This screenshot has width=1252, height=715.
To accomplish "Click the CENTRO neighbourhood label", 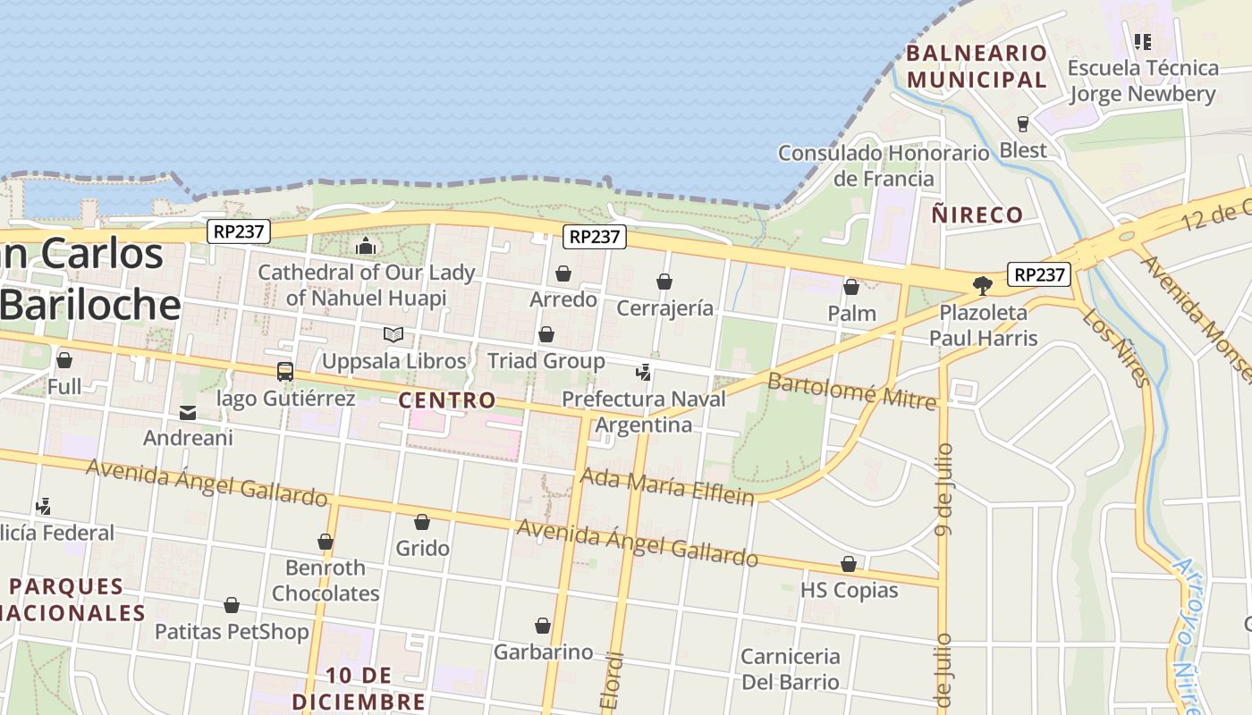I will [x=446, y=400].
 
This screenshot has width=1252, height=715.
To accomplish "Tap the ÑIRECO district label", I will [x=977, y=214].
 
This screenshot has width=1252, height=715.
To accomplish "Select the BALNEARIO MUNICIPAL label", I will [x=976, y=66].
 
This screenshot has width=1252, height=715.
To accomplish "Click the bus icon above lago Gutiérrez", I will [x=285, y=371].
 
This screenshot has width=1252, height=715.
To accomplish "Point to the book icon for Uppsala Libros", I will [x=393, y=334].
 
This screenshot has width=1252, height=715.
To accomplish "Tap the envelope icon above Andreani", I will [x=188, y=412].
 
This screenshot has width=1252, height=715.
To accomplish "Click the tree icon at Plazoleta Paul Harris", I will [x=983, y=286].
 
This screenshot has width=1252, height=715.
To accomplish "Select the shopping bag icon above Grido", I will [x=422, y=522].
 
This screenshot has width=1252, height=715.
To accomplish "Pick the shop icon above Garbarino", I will [x=543, y=626].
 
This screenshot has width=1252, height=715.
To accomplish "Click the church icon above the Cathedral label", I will [x=366, y=246].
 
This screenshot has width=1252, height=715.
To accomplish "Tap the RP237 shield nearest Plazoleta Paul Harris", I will [x=1039, y=274].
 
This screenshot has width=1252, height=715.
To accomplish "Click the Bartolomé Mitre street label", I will [x=851, y=391].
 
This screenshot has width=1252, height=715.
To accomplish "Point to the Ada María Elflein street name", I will [x=667, y=486].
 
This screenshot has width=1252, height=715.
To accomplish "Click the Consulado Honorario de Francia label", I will [x=884, y=165].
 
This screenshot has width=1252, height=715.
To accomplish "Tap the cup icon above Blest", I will [x=1023, y=123].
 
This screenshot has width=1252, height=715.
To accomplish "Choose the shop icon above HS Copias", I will [x=849, y=564].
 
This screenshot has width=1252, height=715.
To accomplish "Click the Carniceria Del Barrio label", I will [x=791, y=669].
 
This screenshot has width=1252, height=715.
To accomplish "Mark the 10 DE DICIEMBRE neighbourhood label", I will [x=359, y=687].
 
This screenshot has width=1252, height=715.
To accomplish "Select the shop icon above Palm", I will [x=851, y=287].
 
